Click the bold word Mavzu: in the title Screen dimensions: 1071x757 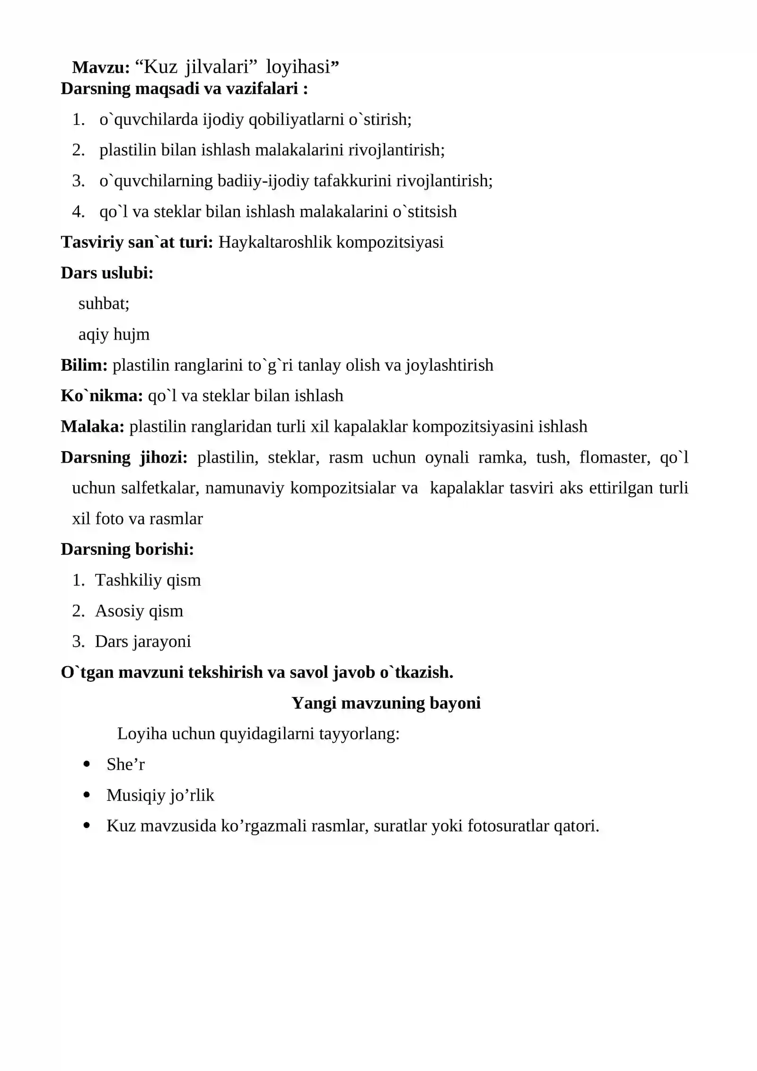coord(100,68)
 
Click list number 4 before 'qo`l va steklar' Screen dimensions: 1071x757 coord(78,212)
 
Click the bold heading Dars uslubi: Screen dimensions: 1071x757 coord(107,273)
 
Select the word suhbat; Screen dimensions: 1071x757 coord(104,303)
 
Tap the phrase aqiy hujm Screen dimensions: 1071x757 coord(114,334)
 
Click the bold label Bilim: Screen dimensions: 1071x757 coord(84,365)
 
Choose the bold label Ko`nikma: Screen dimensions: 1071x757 coord(101,396)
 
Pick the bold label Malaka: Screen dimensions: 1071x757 coord(92,427)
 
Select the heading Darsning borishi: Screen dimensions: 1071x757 coord(127,549)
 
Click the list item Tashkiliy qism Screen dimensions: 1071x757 coord(148,580)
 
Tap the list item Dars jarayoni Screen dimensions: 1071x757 coord(142,642)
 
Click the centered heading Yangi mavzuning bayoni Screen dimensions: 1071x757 coord(386,703)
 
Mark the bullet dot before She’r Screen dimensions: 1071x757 coord(86,764)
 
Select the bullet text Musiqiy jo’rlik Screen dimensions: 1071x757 coord(160,795)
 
